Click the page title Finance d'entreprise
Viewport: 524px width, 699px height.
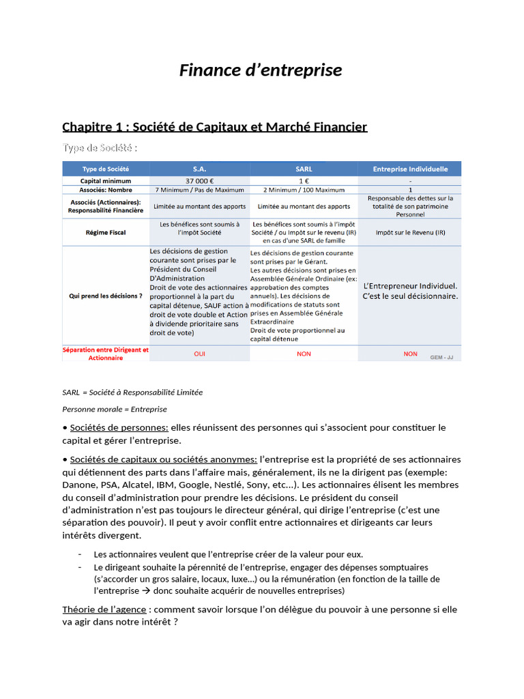point(261,70)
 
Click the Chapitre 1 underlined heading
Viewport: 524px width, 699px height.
point(214,126)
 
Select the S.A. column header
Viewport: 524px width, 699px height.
point(199,169)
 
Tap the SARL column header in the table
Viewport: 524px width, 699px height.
point(304,169)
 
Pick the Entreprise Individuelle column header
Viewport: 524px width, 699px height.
point(410,169)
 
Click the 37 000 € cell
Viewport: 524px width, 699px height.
point(199,180)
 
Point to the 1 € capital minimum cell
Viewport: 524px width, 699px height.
point(304,180)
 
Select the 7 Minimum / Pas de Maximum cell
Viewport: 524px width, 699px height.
point(199,190)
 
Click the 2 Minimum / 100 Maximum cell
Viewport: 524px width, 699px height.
point(304,190)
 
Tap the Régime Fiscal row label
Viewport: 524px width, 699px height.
point(105,233)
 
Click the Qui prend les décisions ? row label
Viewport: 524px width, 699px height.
point(105,296)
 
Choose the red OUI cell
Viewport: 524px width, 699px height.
point(199,354)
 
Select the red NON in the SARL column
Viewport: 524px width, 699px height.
point(304,354)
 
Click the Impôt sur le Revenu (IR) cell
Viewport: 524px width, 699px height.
point(410,233)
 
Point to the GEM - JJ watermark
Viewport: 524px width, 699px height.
point(441,357)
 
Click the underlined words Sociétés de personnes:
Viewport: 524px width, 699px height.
point(119,427)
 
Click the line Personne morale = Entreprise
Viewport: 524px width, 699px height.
point(115,409)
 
